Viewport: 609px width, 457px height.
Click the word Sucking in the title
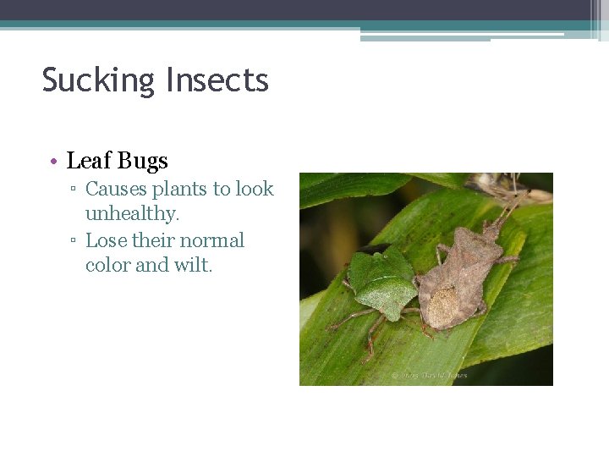(x=100, y=81)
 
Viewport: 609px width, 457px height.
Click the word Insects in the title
(x=217, y=80)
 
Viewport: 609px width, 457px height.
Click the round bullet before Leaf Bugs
(x=53, y=162)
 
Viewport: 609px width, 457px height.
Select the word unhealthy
(x=132, y=214)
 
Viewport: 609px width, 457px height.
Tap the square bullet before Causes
(x=74, y=190)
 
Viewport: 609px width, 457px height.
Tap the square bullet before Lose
(x=74, y=241)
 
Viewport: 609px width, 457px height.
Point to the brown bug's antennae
(x=513, y=203)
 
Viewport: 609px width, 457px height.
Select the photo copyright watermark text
(x=429, y=375)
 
